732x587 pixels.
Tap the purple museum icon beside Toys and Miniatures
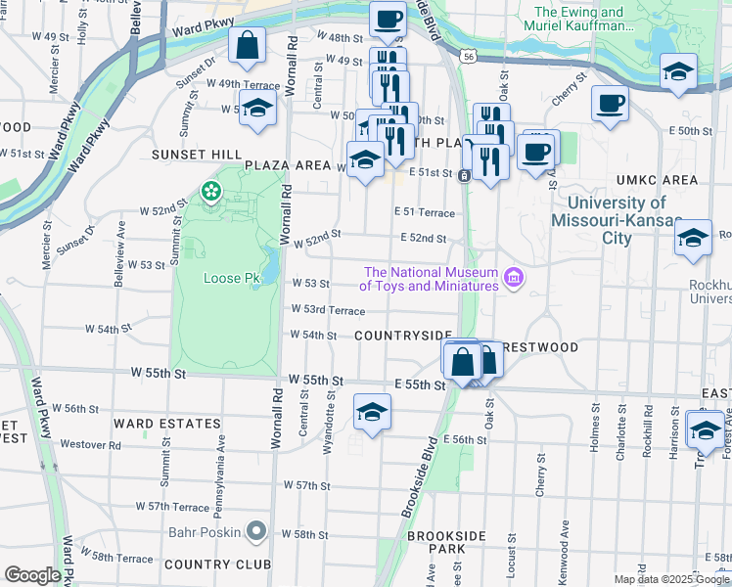(x=513, y=280)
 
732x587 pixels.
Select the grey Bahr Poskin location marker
(x=256, y=531)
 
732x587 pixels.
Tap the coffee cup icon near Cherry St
(x=610, y=103)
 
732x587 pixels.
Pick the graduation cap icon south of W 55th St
(x=372, y=413)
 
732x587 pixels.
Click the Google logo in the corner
(x=32, y=575)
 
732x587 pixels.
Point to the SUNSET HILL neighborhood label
(x=195, y=155)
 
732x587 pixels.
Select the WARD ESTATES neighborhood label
(x=166, y=424)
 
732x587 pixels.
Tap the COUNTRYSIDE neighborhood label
(x=403, y=336)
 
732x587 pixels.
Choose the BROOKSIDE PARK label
(x=447, y=543)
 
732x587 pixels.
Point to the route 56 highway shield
(x=471, y=58)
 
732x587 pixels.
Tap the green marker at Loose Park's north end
(x=210, y=191)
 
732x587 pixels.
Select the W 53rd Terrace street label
(x=328, y=310)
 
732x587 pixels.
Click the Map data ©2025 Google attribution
(x=670, y=579)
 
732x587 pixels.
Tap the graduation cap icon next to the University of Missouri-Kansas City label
(x=693, y=239)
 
